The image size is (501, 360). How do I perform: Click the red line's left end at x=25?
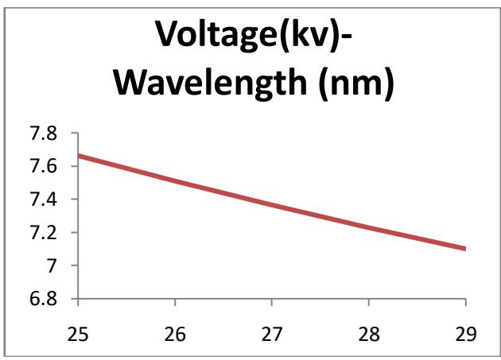click(79, 155)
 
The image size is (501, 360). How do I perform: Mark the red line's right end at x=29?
click(465, 249)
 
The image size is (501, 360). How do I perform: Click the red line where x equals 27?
click(272, 206)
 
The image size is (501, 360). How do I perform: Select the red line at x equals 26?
click(175, 181)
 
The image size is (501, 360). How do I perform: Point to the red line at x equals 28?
click(369, 229)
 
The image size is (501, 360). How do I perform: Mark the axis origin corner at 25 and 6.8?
click(79, 300)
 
